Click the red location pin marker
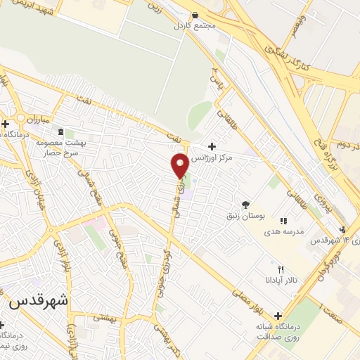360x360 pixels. [x=180, y=165]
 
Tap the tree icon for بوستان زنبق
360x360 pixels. [x=246, y=204]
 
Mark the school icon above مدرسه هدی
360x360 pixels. [x=283, y=220]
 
